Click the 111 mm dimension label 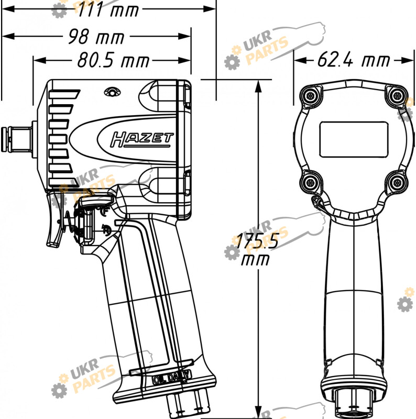click(x=108, y=9)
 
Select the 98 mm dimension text click(x=96, y=37)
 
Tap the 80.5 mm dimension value click(x=113, y=60)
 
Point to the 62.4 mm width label click(x=354, y=60)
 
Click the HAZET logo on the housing click(x=141, y=139)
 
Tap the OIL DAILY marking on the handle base click(x=172, y=378)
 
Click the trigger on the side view click(x=55, y=219)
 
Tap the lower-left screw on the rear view click(x=310, y=183)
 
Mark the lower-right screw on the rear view click(x=397, y=183)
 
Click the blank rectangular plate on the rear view click(x=354, y=139)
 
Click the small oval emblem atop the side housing click(x=112, y=92)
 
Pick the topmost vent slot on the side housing click(x=64, y=94)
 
